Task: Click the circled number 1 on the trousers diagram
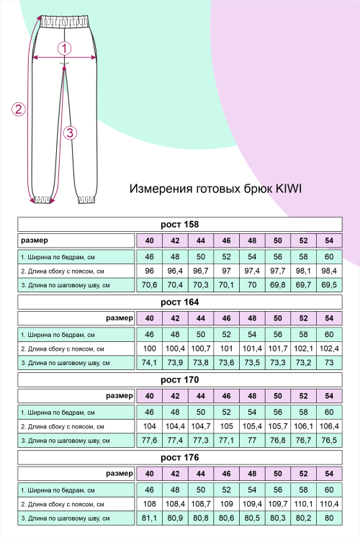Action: tap(65, 49)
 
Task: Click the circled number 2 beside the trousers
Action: tap(19, 109)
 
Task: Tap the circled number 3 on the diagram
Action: tap(70, 132)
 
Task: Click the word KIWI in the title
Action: tap(287, 189)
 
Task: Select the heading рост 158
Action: tap(179, 224)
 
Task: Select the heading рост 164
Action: tap(179, 302)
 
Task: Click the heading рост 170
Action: tap(179, 379)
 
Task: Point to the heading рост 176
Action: tap(179, 457)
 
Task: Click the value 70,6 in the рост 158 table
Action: tap(150, 285)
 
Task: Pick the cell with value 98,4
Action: tap(329, 271)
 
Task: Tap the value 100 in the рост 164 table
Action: tap(150, 348)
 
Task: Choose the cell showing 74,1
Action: tap(150, 363)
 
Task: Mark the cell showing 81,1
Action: tap(150, 518)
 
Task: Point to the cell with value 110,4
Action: tap(329, 504)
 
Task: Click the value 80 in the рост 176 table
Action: tap(329, 518)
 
